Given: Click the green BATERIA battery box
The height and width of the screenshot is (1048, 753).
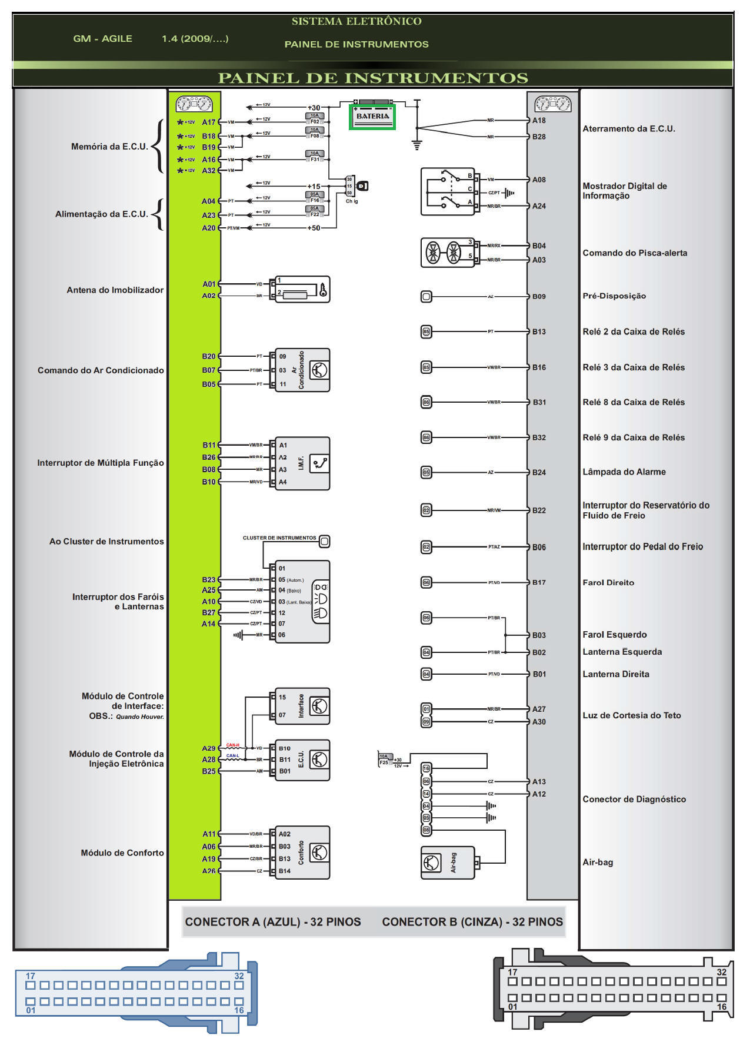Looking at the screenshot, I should (372, 117).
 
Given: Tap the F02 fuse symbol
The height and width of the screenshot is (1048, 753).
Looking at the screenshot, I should (315, 119).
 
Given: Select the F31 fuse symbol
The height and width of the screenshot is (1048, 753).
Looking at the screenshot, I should (315, 156).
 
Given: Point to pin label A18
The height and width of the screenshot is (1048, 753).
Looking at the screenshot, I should (539, 121).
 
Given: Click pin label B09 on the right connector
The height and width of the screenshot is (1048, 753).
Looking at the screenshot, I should (539, 297).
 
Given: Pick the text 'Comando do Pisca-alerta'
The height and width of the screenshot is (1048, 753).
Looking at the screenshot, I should (635, 253).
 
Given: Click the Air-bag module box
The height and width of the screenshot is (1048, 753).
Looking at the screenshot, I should (448, 863).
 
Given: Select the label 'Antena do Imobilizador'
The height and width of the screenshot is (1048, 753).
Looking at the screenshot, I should (115, 290).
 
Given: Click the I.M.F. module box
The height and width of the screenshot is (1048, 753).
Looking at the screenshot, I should (302, 463).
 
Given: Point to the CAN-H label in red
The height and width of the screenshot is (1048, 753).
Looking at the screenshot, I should (233, 745).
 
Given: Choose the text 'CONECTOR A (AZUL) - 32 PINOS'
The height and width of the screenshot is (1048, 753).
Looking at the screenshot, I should (273, 922).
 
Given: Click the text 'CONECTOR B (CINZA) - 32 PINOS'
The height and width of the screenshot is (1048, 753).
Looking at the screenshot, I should (472, 922).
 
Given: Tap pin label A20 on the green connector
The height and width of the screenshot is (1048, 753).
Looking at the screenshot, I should (209, 228).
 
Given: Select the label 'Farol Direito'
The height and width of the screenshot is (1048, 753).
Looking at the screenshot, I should (608, 583).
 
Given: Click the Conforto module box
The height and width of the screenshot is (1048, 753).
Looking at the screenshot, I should (302, 853).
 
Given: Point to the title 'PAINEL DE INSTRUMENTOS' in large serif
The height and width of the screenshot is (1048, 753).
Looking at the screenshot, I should (373, 78).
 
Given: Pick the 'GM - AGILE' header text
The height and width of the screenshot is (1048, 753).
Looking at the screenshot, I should (102, 39).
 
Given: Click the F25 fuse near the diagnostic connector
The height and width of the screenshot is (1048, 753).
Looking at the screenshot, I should (384, 760).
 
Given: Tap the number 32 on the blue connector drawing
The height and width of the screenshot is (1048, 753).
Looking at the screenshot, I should (239, 976).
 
